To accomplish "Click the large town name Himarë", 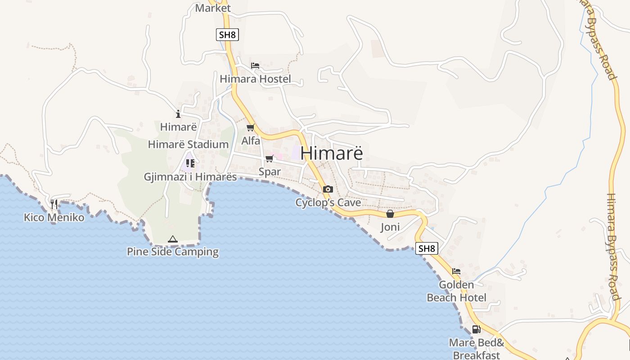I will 332,153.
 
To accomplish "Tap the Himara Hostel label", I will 255,79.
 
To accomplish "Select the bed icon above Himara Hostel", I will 255,66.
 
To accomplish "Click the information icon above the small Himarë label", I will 178,114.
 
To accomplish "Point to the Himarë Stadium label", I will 188,144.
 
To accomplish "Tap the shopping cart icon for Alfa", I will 251,128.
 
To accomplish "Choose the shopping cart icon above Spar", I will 269,159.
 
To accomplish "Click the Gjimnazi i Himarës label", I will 190,176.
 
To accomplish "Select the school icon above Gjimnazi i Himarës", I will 190,163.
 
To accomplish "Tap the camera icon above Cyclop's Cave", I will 328,189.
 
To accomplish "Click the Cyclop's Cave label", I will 328,202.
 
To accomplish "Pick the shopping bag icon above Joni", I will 390,214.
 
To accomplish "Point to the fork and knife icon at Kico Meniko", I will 54,204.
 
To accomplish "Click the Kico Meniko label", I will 54,218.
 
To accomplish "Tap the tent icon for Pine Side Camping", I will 173,239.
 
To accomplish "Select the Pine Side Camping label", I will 173,252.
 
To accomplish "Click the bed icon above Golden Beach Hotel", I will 456,271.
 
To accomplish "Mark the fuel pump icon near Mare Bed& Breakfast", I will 476,329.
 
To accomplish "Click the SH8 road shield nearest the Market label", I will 227,35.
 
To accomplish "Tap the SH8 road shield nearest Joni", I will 427,248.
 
